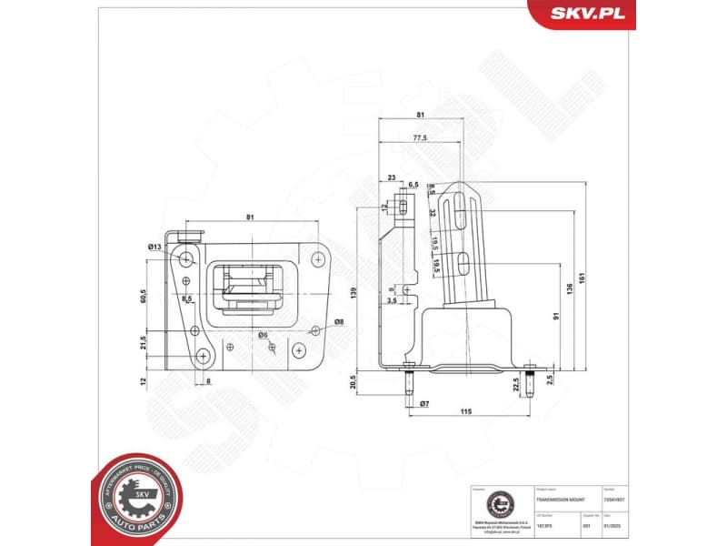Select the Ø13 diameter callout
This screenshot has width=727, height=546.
pos(154,247)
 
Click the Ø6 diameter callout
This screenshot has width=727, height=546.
pos(262,335)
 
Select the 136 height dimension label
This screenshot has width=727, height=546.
pos(569,290)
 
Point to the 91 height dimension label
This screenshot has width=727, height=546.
pos(554,317)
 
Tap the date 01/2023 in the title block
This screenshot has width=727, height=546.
pos(622,525)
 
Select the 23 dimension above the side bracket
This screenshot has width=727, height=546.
pos(392,177)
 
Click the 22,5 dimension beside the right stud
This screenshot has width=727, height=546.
pos(516,383)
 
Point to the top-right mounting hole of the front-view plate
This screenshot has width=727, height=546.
pos(317,259)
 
